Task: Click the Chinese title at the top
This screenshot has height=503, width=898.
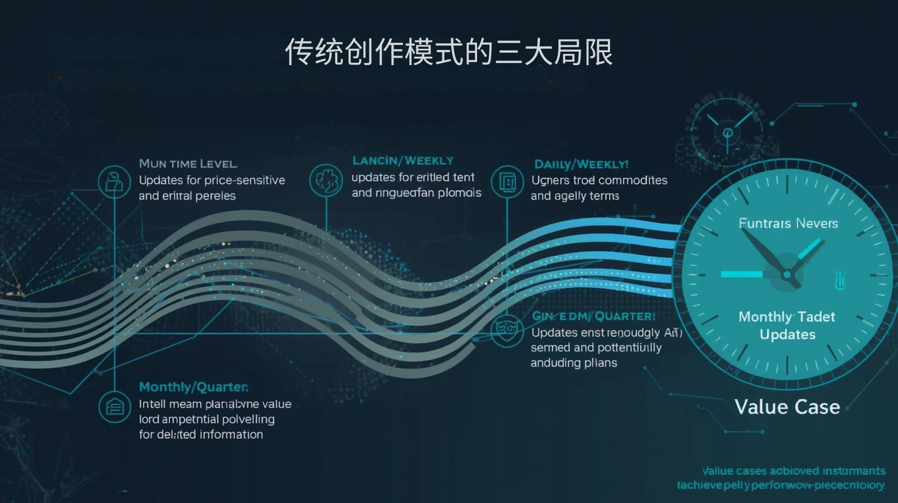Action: (x=448, y=52)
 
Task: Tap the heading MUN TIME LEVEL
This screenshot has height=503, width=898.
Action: (x=188, y=163)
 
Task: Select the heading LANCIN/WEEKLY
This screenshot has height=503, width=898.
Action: (x=402, y=161)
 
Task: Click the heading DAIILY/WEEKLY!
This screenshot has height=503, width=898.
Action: (x=581, y=164)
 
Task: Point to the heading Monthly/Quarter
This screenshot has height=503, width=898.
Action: (x=193, y=387)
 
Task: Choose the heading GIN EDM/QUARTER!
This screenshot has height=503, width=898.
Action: (x=593, y=316)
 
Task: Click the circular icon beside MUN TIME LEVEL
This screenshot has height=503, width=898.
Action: (x=114, y=181)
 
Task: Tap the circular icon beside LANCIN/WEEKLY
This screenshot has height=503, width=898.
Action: (x=326, y=180)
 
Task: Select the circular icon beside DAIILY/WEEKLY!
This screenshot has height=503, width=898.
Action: (x=507, y=181)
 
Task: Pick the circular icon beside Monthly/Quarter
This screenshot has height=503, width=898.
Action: (x=114, y=407)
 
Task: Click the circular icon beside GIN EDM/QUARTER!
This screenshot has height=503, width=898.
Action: (x=507, y=330)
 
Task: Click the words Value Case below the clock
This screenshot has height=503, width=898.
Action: (x=787, y=406)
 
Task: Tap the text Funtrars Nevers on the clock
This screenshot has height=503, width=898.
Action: (x=788, y=223)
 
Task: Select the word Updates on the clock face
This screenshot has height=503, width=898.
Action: (x=787, y=335)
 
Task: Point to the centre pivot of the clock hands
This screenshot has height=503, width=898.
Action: (x=787, y=275)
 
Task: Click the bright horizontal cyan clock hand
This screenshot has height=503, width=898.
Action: (x=741, y=274)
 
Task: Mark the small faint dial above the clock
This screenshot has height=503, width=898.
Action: (x=728, y=132)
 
